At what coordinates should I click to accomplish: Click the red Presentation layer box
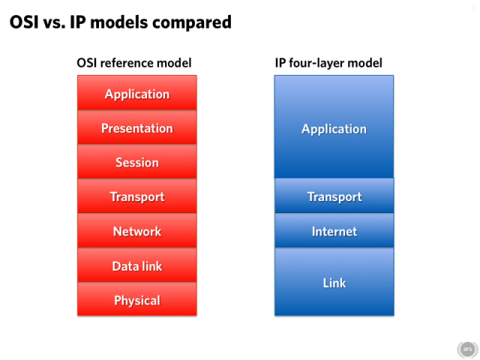(x=136, y=127)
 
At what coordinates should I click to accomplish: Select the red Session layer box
(x=136, y=161)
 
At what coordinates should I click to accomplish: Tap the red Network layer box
(x=136, y=230)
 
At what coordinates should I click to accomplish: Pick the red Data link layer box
(x=136, y=265)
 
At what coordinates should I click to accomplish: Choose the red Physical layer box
(x=136, y=298)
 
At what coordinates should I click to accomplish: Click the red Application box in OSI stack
(x=136, y=92)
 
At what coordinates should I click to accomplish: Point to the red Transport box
(x=136, y=196)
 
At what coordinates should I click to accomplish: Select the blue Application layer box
(x=334, y=127)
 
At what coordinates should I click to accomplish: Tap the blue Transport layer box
(x=334, y=196)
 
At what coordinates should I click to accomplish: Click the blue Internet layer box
(x=334, y=230)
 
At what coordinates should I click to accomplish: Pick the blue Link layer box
(x=334, y=282)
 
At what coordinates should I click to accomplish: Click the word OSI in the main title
(x=24, y=22)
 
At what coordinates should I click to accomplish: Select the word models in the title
(x=119, y=22)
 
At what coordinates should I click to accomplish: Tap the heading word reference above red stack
(x=127, y=63)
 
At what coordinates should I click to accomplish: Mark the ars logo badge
(x=467, y=349)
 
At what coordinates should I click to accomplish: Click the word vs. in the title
(x=54, y=24)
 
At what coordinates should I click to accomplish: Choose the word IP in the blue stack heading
(x=280, y=63)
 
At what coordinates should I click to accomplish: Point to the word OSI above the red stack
(x=87, y=63)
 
